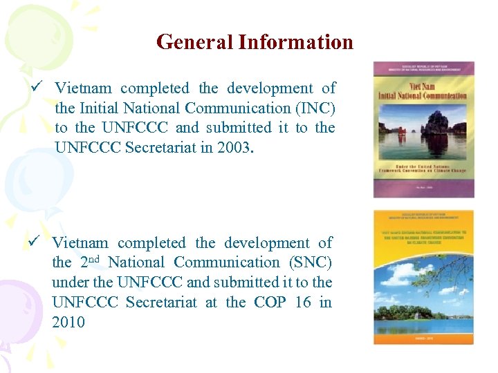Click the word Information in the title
296,42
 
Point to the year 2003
233,148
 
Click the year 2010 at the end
68,322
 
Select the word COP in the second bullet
270,302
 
